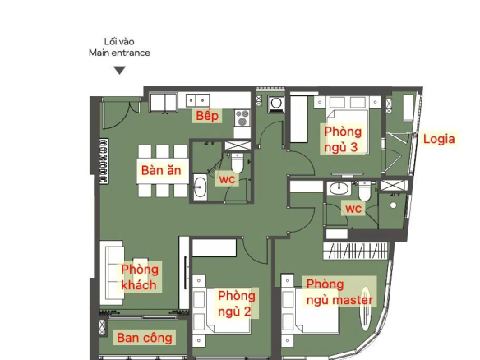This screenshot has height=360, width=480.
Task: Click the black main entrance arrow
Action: click(120, 70)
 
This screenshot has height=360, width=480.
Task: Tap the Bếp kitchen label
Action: click(207, 116)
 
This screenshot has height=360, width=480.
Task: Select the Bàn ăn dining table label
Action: click(161, 170)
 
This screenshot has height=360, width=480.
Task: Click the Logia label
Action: click(439, 139)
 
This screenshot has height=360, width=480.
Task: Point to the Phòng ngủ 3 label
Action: click(343, 139)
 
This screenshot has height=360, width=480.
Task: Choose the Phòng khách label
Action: click(140, 277)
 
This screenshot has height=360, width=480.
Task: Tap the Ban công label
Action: click(144, 338)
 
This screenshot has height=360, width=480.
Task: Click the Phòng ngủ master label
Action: click(339, 293)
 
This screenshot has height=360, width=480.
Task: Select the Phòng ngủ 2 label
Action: click(237, 304)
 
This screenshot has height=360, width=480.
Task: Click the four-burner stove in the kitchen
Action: click(242, 118)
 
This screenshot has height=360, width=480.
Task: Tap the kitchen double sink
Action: click(198, 101)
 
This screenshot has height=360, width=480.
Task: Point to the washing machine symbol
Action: click(276, 104)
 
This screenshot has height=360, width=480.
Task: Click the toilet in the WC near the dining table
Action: click(238, 162)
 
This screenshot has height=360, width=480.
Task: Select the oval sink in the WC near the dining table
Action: click(201, 187)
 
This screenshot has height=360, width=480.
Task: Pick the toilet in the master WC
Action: click(364, 191)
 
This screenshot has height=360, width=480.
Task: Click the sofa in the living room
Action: click(112, 272)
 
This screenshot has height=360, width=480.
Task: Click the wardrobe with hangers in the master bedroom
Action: click(355, 252)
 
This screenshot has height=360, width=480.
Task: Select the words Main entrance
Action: click(119, 53)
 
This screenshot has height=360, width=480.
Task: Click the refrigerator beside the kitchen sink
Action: click(164, 103)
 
